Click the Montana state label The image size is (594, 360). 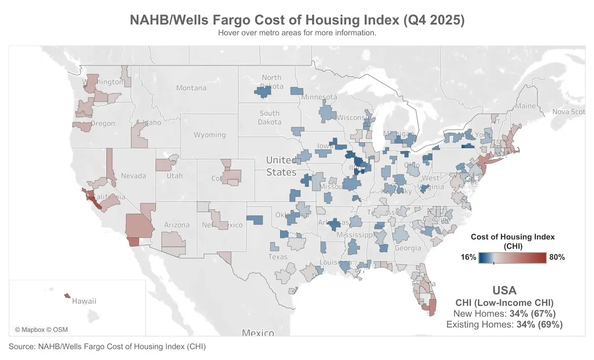coord(191,88)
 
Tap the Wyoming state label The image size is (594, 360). coord(209,135)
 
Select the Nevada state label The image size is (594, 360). coord(134,176)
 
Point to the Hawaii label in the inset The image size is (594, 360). coord(84,301)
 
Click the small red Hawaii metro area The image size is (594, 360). coord(67,296)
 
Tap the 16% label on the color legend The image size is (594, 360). coord(468,257)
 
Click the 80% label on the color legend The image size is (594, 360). coord(556,257)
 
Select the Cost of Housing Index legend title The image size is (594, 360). coord(512,241)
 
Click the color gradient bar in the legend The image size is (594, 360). coord(512,257)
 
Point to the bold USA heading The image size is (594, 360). coord(504,291)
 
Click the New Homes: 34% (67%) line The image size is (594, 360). coord(504,313)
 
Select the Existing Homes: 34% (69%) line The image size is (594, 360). coord(504,325)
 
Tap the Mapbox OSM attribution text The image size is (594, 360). coord(41,329)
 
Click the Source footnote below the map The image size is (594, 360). coord(107,347)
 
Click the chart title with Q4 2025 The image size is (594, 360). coord(297,20)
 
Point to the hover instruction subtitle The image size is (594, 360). coord(297,33)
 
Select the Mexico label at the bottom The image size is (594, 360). coord(258,332)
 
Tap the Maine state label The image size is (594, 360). coord(525,106)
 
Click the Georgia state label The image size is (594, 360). coord(408,248)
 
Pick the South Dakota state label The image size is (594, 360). coord(270,117)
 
